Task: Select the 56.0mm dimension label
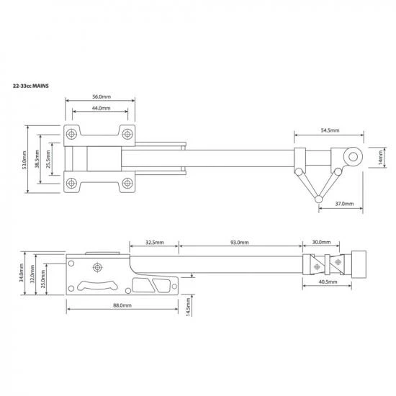pyautogui.click(x=100, y=96)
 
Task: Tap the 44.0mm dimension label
pyautogui.click(x=100, y=109)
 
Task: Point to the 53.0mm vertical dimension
pyautogui.click(x=24, y=160)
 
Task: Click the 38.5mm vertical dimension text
pyautogui.click(x=37, y=160)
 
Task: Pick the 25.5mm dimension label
pyautogui.click(x=48, y=160)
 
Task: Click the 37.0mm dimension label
pyautogui.click(x=344, y=204)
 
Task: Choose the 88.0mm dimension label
pyautogui.click(x=122, y=305)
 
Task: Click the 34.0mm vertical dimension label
pyautogui.click(x=22, y=272)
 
